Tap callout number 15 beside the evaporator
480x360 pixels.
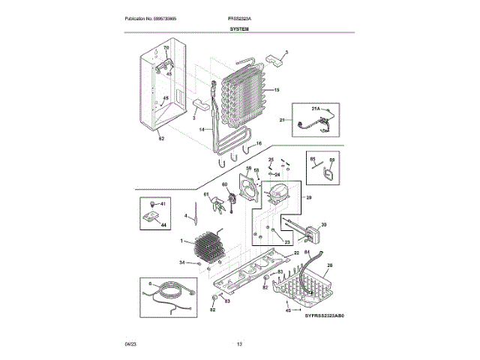[x=277, y=90]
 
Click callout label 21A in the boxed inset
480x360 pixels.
[x=316, y=109]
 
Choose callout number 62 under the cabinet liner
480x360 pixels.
[x=160, y=139]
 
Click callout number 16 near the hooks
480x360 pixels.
[x=259, y=143]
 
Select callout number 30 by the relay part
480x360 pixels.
[x=324, y=225]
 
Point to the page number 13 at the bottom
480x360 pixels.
[x=240, y=343]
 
